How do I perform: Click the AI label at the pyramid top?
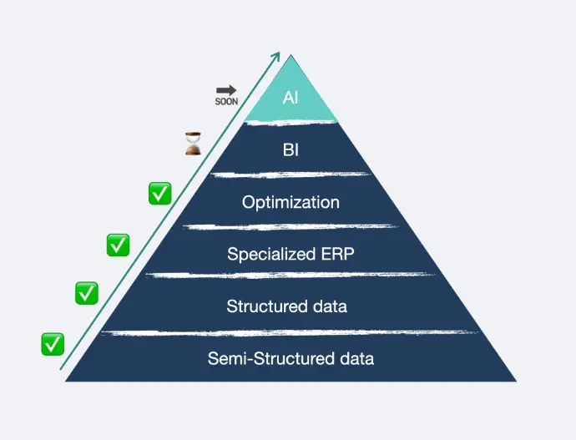coord(291,98)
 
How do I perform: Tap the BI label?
coord(291,152)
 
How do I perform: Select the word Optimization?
coord(291,202)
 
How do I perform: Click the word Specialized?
coord(261,254)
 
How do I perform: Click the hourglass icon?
coord(193,144)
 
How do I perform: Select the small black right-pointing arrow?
coord(226,89)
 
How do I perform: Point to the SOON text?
coord(226,101)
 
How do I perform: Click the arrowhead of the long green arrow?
coord(277,55)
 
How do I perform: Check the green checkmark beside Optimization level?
coord(159,194)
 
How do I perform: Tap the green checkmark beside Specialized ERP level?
coord(118,245)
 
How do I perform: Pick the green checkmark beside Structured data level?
coord(87,293)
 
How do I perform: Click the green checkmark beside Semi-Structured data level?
coord(53,343)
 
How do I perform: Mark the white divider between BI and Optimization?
coord(291,174)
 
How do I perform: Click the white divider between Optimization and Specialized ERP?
coord(291,226)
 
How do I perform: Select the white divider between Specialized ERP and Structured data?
coord(291,275)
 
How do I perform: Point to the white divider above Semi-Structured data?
coord(291,332)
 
